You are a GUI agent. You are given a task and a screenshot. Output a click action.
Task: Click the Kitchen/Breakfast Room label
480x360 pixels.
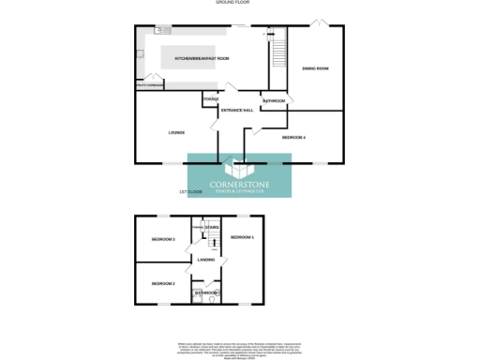pos(196,58)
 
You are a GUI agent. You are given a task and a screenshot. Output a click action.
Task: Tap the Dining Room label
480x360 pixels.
pos(315,68)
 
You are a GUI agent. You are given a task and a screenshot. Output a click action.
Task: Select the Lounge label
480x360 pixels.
pos(176,132)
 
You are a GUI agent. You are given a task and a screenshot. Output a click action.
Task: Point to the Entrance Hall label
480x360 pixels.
pos(237,110)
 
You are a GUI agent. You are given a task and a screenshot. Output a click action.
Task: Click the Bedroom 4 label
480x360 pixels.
pos(294,138)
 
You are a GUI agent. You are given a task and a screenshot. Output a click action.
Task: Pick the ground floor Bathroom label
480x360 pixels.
pos(274,100)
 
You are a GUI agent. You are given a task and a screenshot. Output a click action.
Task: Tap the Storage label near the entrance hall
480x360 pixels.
pos(211,97)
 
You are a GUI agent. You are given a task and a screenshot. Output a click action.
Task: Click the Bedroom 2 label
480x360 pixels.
pos(163,283)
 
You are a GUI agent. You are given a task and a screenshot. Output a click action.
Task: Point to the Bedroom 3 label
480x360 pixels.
pos(163,240)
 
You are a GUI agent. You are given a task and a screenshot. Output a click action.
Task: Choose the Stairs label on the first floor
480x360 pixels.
pos(212,227)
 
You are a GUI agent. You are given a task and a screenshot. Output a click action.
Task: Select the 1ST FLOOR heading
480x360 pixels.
pos(191,191)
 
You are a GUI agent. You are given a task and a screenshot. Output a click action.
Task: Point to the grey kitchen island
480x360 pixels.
pos(196,57)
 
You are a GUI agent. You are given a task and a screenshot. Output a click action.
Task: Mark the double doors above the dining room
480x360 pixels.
pos(319,22)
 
